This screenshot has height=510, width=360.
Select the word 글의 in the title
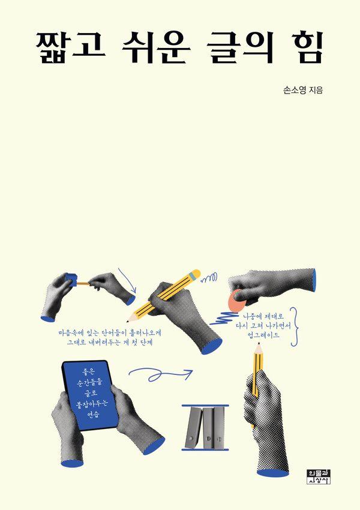(x=241, y=47)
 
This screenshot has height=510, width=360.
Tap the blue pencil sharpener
(x=71, y=280)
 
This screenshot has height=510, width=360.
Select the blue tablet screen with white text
(x=90, y=395)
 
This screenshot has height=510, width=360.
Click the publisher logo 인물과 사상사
(x=319, y=476)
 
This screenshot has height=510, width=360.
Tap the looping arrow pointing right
(x=160, y=374)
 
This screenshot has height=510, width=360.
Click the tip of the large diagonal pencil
(x=127, y=322)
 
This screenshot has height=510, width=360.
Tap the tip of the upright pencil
(x=259, y=343)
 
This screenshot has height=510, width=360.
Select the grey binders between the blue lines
(x=205, y=427)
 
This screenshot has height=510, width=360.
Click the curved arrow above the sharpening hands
(x=127, y=280)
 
